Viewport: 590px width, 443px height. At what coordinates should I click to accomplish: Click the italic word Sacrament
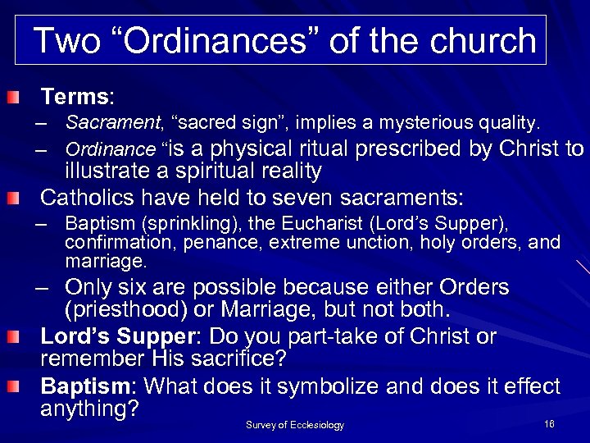114,124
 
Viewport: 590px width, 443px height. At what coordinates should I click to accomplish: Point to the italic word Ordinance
110,150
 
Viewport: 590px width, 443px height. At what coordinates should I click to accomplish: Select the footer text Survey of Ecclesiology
295,425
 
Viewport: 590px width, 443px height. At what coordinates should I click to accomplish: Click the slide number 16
548,423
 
